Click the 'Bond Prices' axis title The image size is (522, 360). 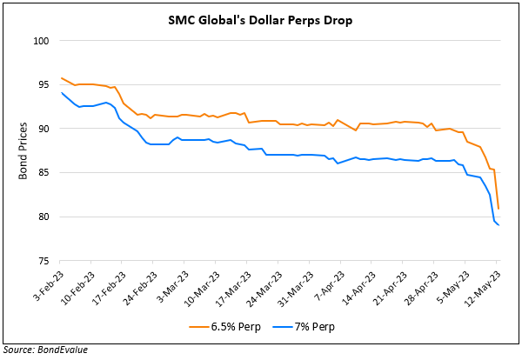23,150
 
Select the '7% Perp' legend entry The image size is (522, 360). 307,327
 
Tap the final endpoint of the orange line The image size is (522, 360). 498,209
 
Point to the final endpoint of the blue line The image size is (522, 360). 498,225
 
